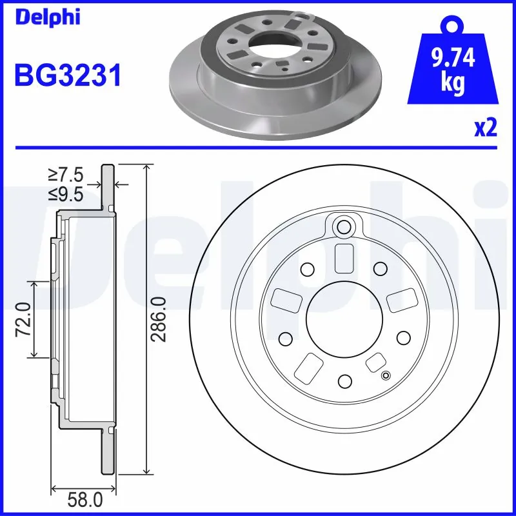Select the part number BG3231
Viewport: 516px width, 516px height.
pyautogui.click(x=68, y=76)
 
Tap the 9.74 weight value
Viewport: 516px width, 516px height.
pyautogui.click(x=451, y=59)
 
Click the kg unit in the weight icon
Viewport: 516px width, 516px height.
pyautogui.click(x=452, y=84)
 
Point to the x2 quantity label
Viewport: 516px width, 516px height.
pyautogui.click(x=485, y=128)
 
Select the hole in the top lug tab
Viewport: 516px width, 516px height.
pyautogui.click(x=344, y=226)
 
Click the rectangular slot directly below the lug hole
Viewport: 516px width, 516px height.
pyautogui.click(x=344, y=259)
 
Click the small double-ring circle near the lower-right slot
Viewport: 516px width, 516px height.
pyautogui.click(x=386, y=377)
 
